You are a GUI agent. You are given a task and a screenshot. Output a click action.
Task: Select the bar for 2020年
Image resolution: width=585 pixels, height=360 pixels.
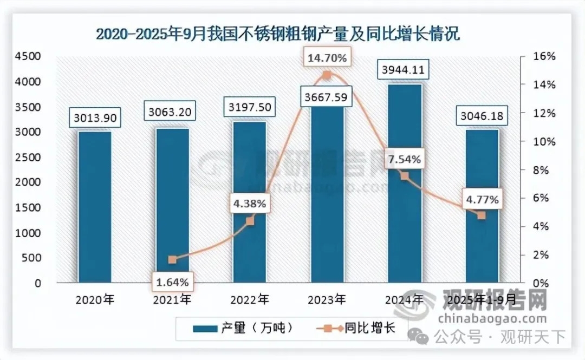pyautogui.click(x=94, y=206)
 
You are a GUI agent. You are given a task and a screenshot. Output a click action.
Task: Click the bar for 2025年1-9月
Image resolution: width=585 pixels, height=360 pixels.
pyautogui.click(x=482, y=206)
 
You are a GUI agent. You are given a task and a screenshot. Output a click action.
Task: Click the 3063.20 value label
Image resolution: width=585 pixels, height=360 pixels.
pyautogui.click(x=172, y=113)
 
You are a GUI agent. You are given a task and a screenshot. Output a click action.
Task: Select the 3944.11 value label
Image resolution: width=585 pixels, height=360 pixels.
pyautogui.click(x=405, y=69)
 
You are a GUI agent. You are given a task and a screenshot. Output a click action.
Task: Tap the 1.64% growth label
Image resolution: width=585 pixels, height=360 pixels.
pyautogui.click(x=172, y=282)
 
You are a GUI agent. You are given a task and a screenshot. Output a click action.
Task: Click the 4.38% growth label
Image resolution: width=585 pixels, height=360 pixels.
pyautogui.click(x=249, y=204)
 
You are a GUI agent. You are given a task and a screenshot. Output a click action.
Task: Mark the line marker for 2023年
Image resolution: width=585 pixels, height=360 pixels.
pyautogui.click(x=327, y=75)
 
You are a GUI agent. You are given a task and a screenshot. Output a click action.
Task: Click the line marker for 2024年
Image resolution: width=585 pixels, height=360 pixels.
pyautogui.click(x=405, y=176)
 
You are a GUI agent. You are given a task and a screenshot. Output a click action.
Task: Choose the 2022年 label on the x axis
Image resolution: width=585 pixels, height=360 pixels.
pyautogui.click(x=249, y=298)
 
